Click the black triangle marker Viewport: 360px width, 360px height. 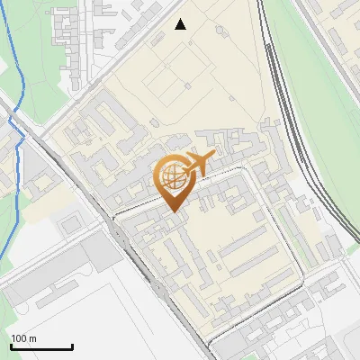[181, 24]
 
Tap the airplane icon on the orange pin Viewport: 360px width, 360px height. [198, 165]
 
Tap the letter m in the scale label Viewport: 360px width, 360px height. [33, 338]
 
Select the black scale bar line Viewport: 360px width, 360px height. [40, 346]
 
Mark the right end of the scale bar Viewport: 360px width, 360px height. [72, 346]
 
